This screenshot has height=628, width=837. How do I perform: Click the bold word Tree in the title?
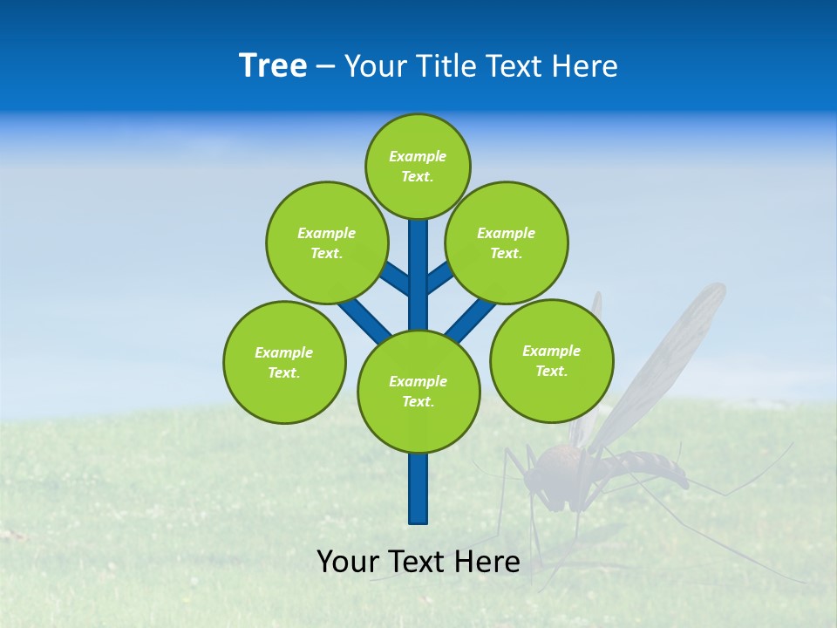coord(273,65)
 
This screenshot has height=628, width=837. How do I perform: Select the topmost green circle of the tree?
coord(418,166)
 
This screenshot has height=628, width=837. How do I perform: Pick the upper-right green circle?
coord(507,242)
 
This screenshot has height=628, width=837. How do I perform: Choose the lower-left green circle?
coord(284,362)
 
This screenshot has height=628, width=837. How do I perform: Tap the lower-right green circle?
coord(552,360)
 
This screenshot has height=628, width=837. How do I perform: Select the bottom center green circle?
coord(418,392)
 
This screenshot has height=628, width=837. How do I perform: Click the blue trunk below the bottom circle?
coord(418,488)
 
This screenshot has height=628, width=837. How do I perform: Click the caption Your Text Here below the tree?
coord(418,562)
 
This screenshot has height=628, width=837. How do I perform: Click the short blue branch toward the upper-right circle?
coord(440,276)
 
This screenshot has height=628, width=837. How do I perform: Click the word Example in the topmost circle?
coord(418,156)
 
